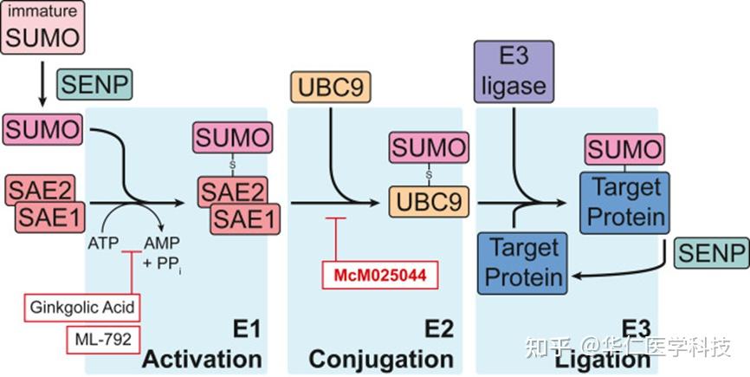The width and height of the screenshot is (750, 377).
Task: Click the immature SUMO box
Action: (42, 27)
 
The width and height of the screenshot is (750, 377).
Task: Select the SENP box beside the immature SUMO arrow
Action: (94, 85)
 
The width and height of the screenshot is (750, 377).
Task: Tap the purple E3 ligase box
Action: (514, 72)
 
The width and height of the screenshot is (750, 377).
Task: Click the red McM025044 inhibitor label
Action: (380, 275)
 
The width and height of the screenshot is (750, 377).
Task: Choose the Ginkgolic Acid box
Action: (82, 308)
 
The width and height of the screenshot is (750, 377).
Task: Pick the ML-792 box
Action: (103, 340)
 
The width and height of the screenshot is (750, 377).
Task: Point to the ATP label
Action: (103, 243)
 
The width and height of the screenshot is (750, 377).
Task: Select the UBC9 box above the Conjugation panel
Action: (331, 88)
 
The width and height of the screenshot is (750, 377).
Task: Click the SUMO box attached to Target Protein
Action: (624, 150)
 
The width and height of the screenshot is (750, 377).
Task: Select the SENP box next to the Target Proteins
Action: (712, 253)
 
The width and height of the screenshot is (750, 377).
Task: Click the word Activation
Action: (202, 360)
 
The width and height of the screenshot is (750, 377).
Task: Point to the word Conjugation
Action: (381, 360)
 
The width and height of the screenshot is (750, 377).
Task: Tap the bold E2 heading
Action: (439, 330)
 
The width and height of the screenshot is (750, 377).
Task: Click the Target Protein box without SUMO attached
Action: (523, 263)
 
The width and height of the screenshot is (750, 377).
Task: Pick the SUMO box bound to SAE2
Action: (232, 137)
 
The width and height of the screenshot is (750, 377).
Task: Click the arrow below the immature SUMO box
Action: (42, 83)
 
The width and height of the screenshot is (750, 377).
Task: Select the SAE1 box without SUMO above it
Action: (50, 218)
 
